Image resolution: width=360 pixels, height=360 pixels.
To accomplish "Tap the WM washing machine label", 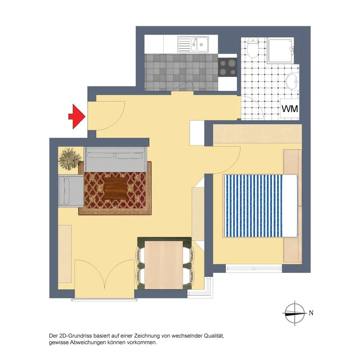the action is [x=290, y=109].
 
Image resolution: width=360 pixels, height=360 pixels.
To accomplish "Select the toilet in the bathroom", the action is [x=253, y=48].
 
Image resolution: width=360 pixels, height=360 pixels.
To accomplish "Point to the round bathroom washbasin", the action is [x=292, y=81].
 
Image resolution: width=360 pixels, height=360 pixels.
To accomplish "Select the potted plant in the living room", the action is [x=70, y=159].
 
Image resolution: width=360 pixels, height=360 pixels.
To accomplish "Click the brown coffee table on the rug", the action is [x=115, y=189].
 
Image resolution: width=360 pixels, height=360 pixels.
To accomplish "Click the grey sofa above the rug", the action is [x=116, y=159].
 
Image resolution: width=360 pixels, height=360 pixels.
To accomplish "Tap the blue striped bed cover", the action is [x=253, y=206].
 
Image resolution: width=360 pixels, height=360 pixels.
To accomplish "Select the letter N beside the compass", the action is [x=311, y=313].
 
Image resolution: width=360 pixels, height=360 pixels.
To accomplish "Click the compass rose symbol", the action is [x=295, y=313].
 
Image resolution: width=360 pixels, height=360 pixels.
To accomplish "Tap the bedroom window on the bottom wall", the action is [x=254, y=268].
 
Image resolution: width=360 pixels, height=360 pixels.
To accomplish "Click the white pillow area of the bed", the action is [x=290, y=206].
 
